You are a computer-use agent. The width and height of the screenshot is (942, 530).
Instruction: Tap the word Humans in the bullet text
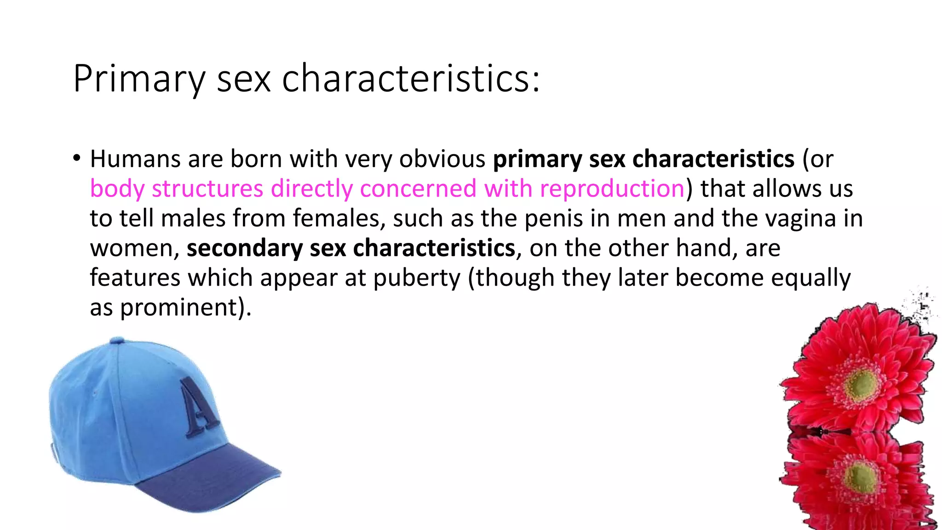pyautogui.click(x=135, y=159)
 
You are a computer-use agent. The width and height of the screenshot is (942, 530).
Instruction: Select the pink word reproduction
pyautogui.click(x=612, y=189)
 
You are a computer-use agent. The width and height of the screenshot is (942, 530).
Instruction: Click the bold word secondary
pyautogui.click(x=244, y=248)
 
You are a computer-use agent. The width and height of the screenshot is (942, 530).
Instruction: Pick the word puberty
pyautogui.click(x=416, y=278)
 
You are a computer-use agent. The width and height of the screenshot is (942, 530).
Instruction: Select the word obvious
pyautogui.click(x=442, y=159)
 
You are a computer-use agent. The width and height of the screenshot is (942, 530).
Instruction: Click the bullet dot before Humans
pyautogui.click(x=77, y=158)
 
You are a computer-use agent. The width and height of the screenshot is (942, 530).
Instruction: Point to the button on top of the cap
pyautogui.click(x=117, y=340)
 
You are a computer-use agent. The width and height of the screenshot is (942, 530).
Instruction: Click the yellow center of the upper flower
pyautogui.click(x=862, y=384)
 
